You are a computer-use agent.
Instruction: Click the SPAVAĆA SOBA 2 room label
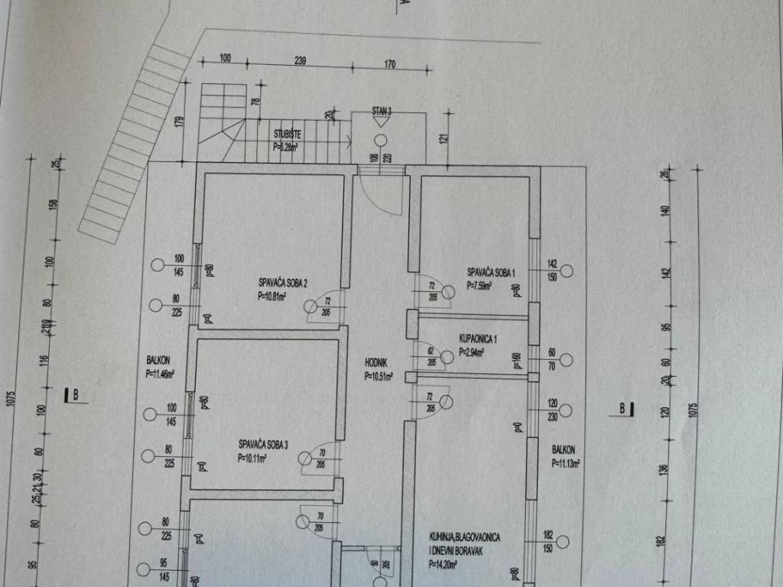point(283,284)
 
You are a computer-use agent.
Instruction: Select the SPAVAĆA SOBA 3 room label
point(264,443)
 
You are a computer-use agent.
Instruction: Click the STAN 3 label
point(382,112)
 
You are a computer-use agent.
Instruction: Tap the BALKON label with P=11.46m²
point(160,361)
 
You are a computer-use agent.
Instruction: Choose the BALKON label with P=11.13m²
point(564,450)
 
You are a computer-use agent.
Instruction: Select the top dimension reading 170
point(389,64)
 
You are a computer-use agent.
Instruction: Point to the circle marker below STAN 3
point(381,140)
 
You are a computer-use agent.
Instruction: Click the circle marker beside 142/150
point(567,271)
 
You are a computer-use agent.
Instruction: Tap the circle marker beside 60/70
point(567,358)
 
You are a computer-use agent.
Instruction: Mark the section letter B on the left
point(76,394)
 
